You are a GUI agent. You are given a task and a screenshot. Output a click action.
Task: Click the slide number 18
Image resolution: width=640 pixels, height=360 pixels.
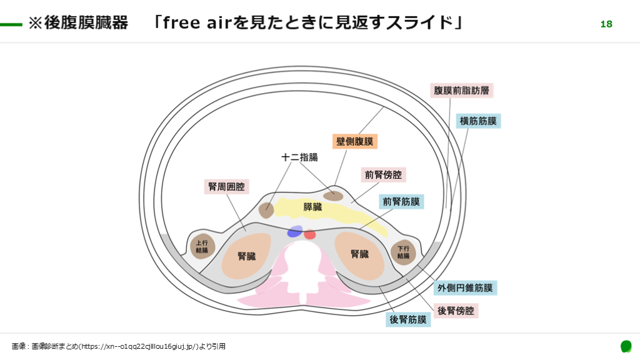606,24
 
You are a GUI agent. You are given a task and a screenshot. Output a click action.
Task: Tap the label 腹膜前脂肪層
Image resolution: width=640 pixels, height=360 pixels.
462,90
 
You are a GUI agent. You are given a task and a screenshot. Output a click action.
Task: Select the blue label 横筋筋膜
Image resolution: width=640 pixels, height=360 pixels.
478,121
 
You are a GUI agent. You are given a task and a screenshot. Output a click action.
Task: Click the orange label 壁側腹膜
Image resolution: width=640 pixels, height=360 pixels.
355,141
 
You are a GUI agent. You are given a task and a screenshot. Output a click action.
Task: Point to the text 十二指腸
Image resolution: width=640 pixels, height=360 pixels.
300,157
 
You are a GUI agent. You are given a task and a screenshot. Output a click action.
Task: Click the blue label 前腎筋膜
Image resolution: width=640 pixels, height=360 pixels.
401,202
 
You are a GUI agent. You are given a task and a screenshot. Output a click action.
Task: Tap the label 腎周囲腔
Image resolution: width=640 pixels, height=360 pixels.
227,186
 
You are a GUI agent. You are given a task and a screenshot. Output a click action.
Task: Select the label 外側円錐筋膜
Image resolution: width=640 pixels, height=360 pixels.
465,288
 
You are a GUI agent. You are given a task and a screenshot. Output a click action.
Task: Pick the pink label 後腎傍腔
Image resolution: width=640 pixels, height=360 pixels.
454,311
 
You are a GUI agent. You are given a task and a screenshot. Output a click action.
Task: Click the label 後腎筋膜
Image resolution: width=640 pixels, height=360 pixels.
408,320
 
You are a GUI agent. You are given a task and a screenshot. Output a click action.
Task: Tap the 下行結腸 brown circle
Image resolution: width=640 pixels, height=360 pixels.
403,252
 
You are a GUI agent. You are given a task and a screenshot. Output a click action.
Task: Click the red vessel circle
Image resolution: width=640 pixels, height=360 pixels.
310,235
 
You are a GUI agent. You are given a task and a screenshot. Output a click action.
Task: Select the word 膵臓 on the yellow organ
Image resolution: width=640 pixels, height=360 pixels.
312,207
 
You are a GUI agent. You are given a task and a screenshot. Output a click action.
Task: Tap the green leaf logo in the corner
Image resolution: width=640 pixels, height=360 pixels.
626,346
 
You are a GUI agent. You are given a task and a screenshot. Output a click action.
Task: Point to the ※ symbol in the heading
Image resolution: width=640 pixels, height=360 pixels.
35,24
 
